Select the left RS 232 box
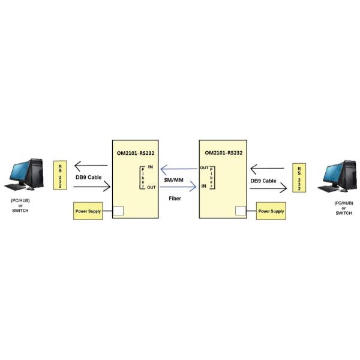tap(61, 175)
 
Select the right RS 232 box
tap(296, 178)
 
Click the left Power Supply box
tap(88, 211)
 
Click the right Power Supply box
tap(271, 211)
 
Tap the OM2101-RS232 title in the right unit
tap(222, 152)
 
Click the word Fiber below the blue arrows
tap(175, 197)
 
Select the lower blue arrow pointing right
tap(179, 187)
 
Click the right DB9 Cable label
tap(263, 180)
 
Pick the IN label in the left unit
tap(150, 166)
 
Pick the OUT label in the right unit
tap(204, 168)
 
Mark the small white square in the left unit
tap(118, 211)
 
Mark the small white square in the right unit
tap(241, 211)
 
